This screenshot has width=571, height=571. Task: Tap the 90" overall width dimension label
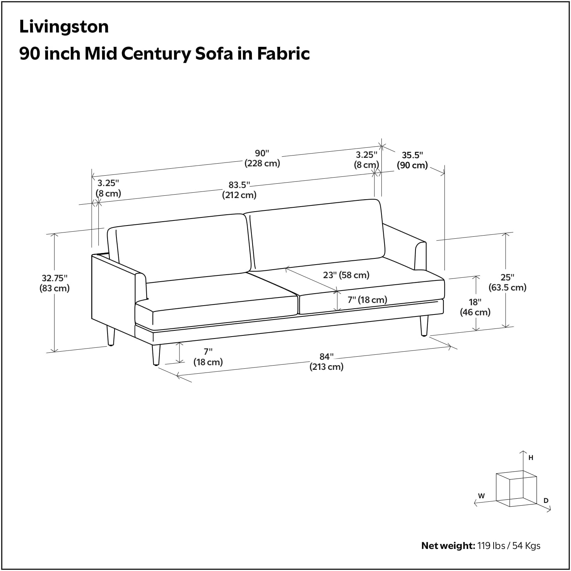tap(262, 158)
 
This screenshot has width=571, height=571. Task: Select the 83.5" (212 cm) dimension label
tap(239, 190)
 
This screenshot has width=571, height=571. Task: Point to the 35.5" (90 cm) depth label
tap(412, 160)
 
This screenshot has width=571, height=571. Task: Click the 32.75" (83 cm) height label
tap(55, 283)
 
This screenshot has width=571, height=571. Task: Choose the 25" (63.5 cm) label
tap(507, 282)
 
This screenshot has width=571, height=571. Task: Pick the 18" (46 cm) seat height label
tap(475, 307)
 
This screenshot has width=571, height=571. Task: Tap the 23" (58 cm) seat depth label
tap(346, 275)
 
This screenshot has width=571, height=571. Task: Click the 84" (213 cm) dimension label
tap(326, 362)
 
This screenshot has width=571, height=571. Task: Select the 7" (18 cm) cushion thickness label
tap(367, 300)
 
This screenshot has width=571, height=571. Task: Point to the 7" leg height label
tap(208, 357)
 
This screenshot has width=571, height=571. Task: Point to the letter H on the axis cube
tap(531, 458)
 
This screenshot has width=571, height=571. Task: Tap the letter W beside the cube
tap(481, 496)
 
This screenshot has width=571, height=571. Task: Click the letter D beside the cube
tap(546, 501)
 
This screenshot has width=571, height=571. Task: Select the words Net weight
tap(448, 546)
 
